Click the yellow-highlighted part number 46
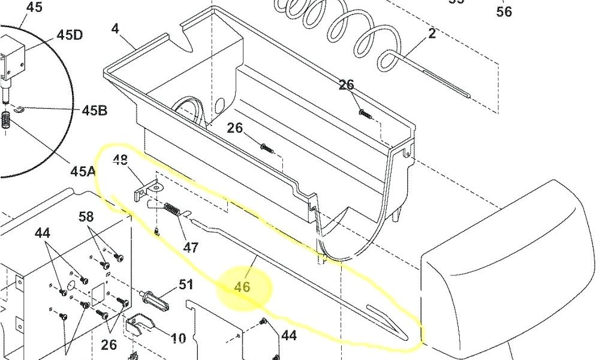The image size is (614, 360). (242, 287)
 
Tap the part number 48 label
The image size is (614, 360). (121, 160)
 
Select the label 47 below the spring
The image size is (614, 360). (191, 247)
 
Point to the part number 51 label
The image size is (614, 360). (186, 284)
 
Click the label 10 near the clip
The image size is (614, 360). (178, 338)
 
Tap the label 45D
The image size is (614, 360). (70, 34)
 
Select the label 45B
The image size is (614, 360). (94, 110)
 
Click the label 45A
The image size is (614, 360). (83, 172)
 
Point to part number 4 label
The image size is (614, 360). (115, 28)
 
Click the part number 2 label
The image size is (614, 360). (432, 34)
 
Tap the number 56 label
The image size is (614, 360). (504, 11)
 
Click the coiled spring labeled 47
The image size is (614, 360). (172, 210)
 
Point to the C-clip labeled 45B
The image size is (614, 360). (17, 108)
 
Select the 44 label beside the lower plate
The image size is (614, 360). (289, 335)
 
